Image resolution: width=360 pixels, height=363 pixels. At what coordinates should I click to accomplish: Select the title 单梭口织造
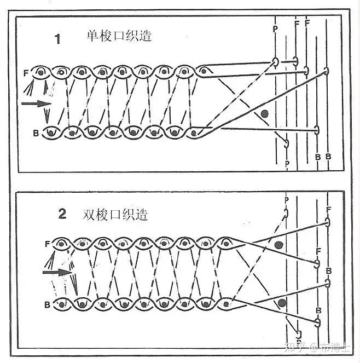pyautogui.click(x=119, y=37)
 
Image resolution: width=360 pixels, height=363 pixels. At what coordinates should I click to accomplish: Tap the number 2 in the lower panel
pyautogui.click(x=62, y=214)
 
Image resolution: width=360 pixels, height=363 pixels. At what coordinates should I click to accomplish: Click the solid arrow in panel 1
pyautogui.click(x=34, y=102)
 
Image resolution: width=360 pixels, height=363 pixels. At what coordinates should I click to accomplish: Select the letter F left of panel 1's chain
pyautogui.click(x=26, y=72)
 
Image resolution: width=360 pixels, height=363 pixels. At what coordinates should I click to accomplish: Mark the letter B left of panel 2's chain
pyautogui.click(x=48, y=302)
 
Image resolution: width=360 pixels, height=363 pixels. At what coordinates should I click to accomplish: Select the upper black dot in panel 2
pyautogui.click(x=279, y=244)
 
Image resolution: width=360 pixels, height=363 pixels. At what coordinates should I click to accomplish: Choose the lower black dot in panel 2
pyautogui.click(x=282, y=302)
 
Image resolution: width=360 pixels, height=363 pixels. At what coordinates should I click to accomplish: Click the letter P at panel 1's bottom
pyautogui.click(x=287, y=163)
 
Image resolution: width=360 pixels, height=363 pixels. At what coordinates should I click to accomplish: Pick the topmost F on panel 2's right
pyautogui.click(x=327, y=210)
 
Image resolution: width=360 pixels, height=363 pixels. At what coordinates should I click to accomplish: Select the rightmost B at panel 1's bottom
pyautogui.click(x=328, y=157)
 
